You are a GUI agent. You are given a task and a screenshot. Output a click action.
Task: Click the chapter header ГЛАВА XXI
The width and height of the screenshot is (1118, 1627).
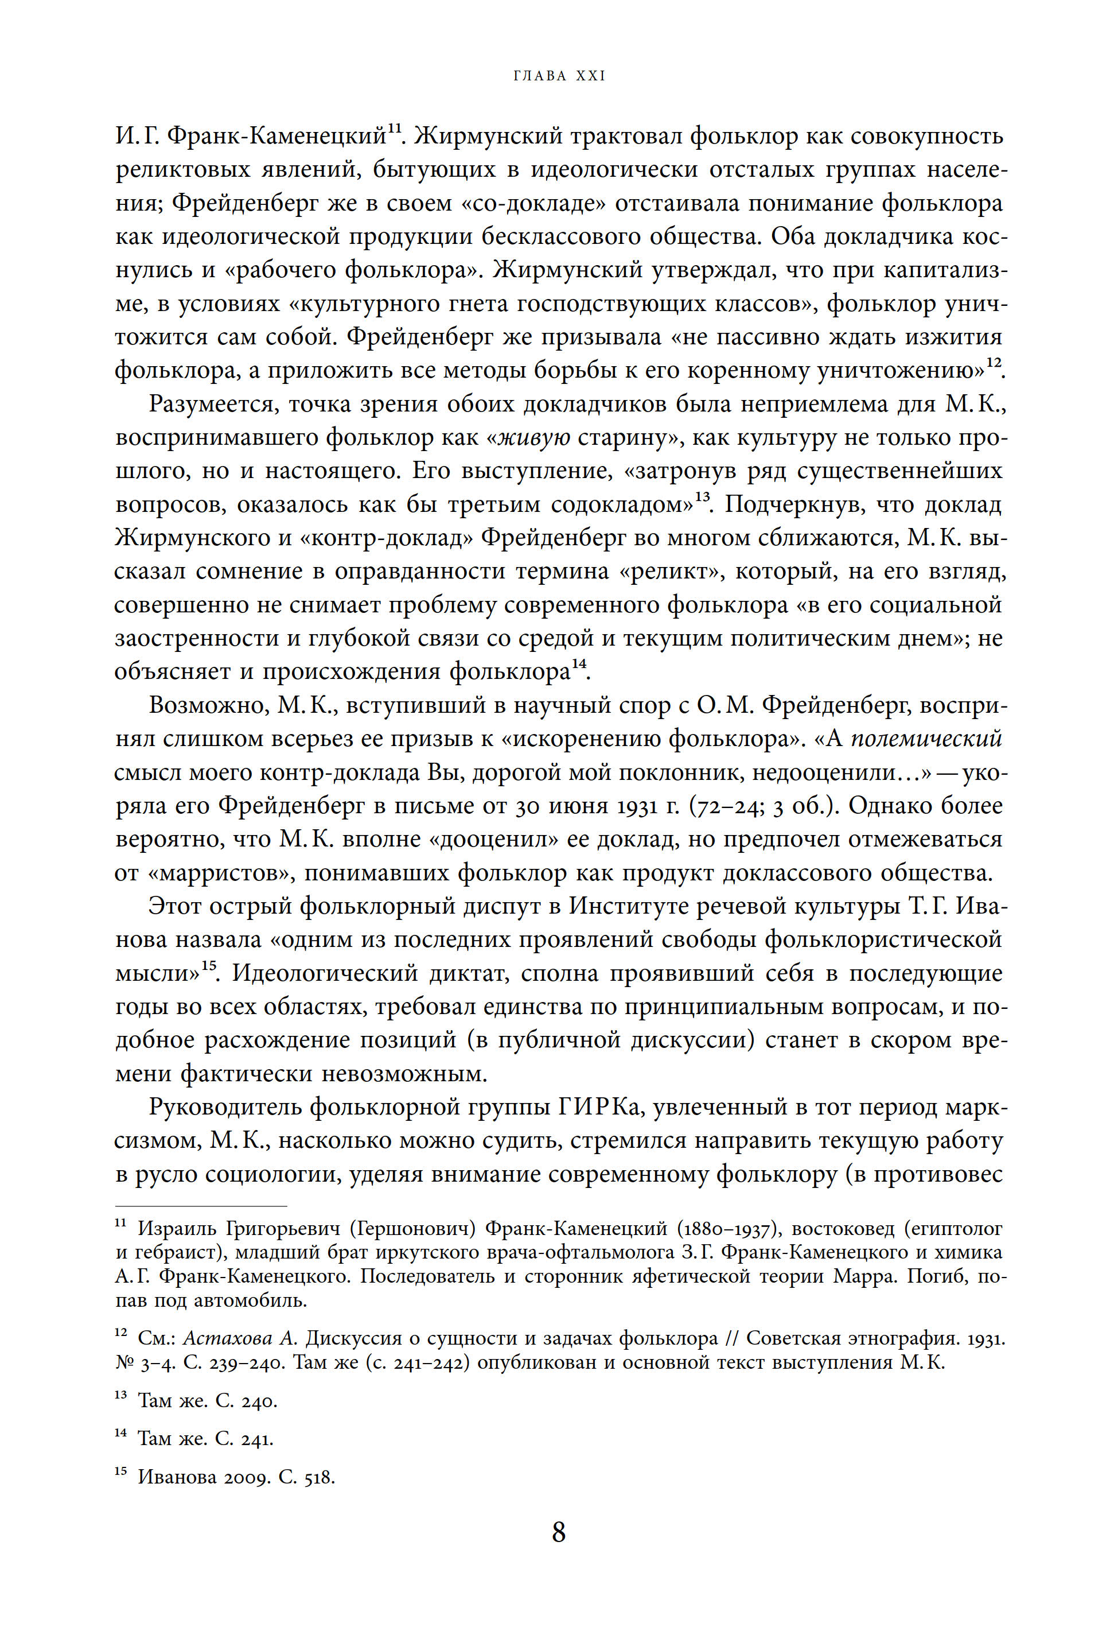tap(559, 76)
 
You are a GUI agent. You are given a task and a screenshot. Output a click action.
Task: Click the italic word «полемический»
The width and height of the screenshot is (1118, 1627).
tap(926, 739)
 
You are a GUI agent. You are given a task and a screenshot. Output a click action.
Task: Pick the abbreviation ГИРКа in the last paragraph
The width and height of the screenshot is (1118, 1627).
tap(596, 1108)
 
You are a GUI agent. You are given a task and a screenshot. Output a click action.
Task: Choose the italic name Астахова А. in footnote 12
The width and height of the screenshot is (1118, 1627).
tap(241, 1338)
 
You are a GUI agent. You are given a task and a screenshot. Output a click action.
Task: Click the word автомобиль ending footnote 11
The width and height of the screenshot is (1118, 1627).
tap(251, 1301)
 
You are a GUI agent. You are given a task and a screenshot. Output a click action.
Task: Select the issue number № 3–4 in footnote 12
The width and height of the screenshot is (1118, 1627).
tap(139, 1363)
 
